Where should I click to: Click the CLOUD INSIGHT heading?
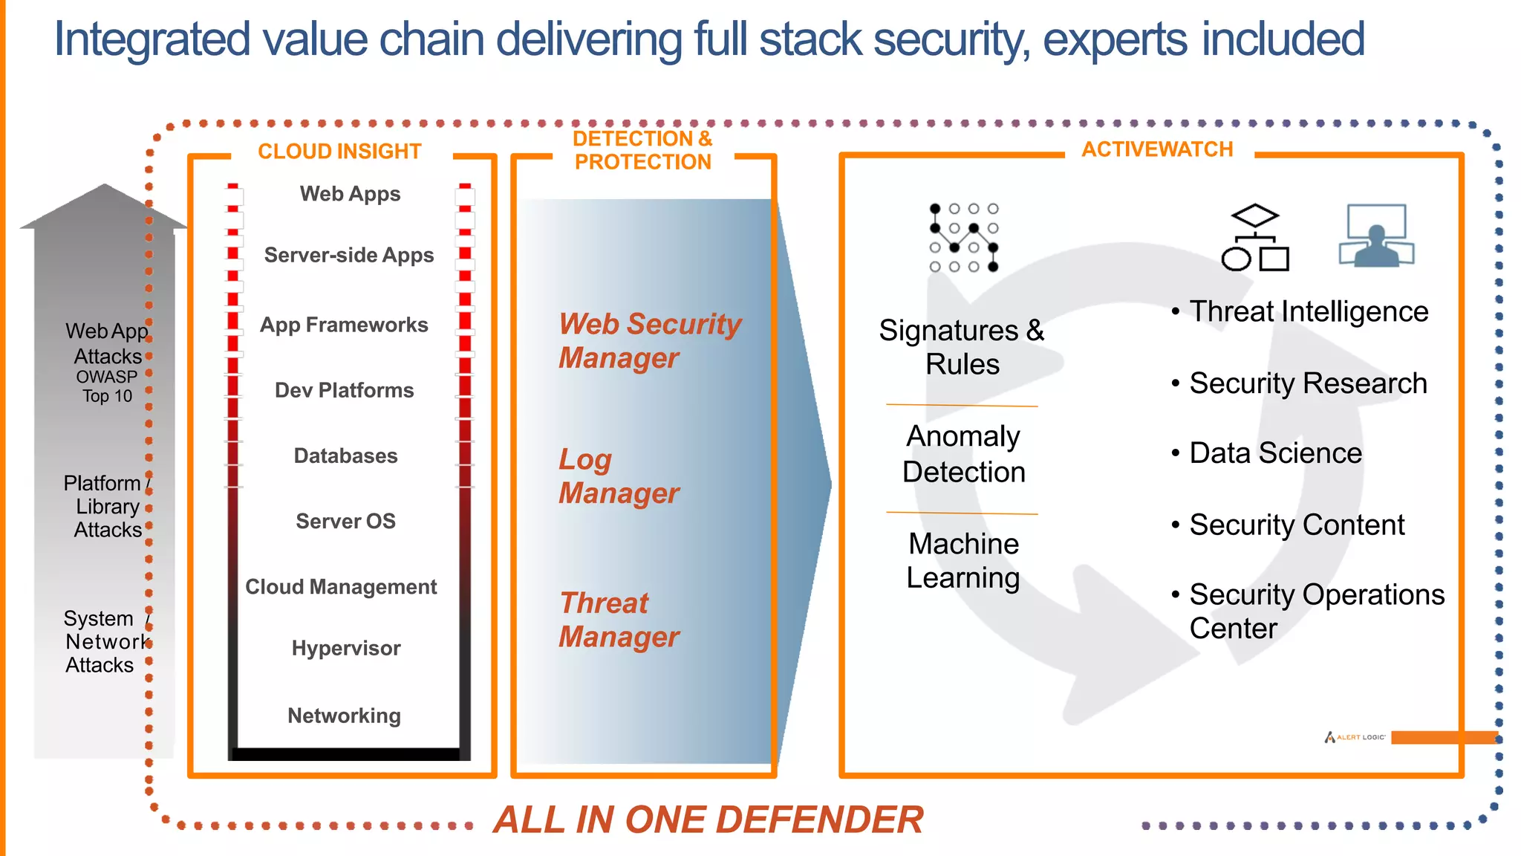[x=339, y=152]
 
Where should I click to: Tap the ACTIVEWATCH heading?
[x=1156, y=149]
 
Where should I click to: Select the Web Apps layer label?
[x=350, y=194]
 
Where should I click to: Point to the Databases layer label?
[x=345, y=455]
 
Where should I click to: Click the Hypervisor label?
[x=346, y=648]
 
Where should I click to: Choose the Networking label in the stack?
[x=344, y=716]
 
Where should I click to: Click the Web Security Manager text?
[x=649, y=340]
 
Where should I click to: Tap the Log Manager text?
[x=618, y=476]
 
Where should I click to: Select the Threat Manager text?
[x=618, y=620]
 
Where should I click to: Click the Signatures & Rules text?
[x=962, y=347]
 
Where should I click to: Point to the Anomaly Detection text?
[x=963, y=454]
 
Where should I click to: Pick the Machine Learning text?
[x=963, y=560]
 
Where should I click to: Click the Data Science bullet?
[x=1274, y=453]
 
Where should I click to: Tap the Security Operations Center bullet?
[x=1316, y=611]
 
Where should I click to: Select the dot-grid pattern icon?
[x=964, y=238]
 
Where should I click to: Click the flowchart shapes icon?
[x=1255, y=238]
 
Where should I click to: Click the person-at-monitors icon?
[x=1376, y=236]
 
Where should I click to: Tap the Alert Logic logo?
[x=1355, y=737]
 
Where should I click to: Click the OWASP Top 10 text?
[x=107, y=386]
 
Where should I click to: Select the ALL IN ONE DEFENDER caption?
[x=708, y=820]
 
